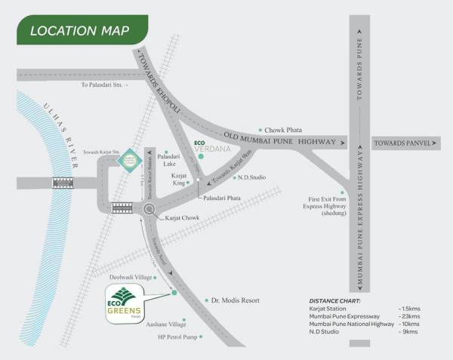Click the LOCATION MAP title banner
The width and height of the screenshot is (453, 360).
(x=79, y=32)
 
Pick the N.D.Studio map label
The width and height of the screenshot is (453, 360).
(x=255, y=178)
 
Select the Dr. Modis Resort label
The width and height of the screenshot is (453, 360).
(x=235, y=300)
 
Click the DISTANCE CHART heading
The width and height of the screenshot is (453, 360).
(x=339, y=300)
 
